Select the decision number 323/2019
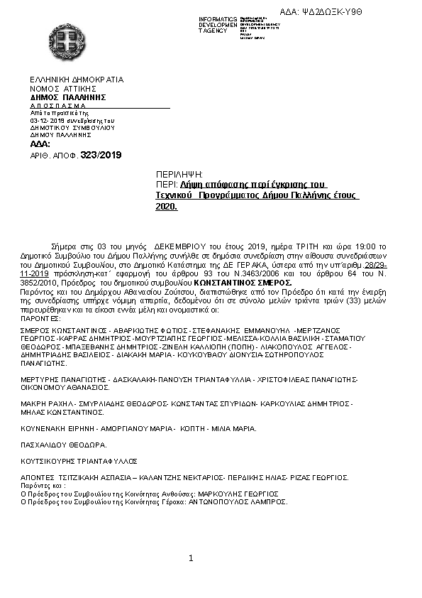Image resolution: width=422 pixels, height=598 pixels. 101,154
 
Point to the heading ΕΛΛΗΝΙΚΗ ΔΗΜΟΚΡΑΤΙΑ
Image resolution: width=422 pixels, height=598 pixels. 77,80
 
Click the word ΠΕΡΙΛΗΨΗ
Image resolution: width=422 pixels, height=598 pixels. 179,174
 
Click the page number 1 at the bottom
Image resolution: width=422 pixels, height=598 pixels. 191,559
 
